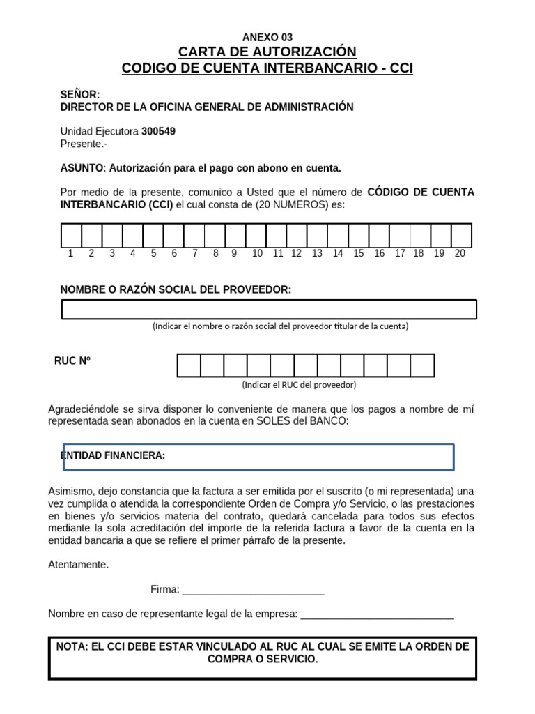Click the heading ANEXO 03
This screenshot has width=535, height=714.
coord(267,38)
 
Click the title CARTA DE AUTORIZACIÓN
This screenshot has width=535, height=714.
coord(267,52)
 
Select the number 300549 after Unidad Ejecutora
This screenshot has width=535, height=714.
coord(158,131)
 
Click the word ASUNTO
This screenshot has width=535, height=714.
coord(82,168)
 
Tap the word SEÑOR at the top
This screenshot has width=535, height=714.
coord(79,94)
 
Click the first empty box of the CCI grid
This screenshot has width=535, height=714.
coord(72,235)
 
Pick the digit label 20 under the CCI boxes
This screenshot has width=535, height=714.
coord(460,254)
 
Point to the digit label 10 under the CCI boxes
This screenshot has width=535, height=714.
coord(257,254)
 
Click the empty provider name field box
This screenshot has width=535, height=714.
coord(269,309)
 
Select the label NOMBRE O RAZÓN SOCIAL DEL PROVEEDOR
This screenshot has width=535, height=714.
coord(176,289)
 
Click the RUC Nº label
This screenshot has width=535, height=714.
coord(72,360)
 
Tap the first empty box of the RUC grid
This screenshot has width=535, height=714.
coord(189,365)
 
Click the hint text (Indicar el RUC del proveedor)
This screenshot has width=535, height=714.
coord(299,385)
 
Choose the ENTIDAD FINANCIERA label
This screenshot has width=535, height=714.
coord(113,456)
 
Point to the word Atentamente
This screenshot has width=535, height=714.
coord(79,565)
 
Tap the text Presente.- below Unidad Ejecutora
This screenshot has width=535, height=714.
coord(84,144)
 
